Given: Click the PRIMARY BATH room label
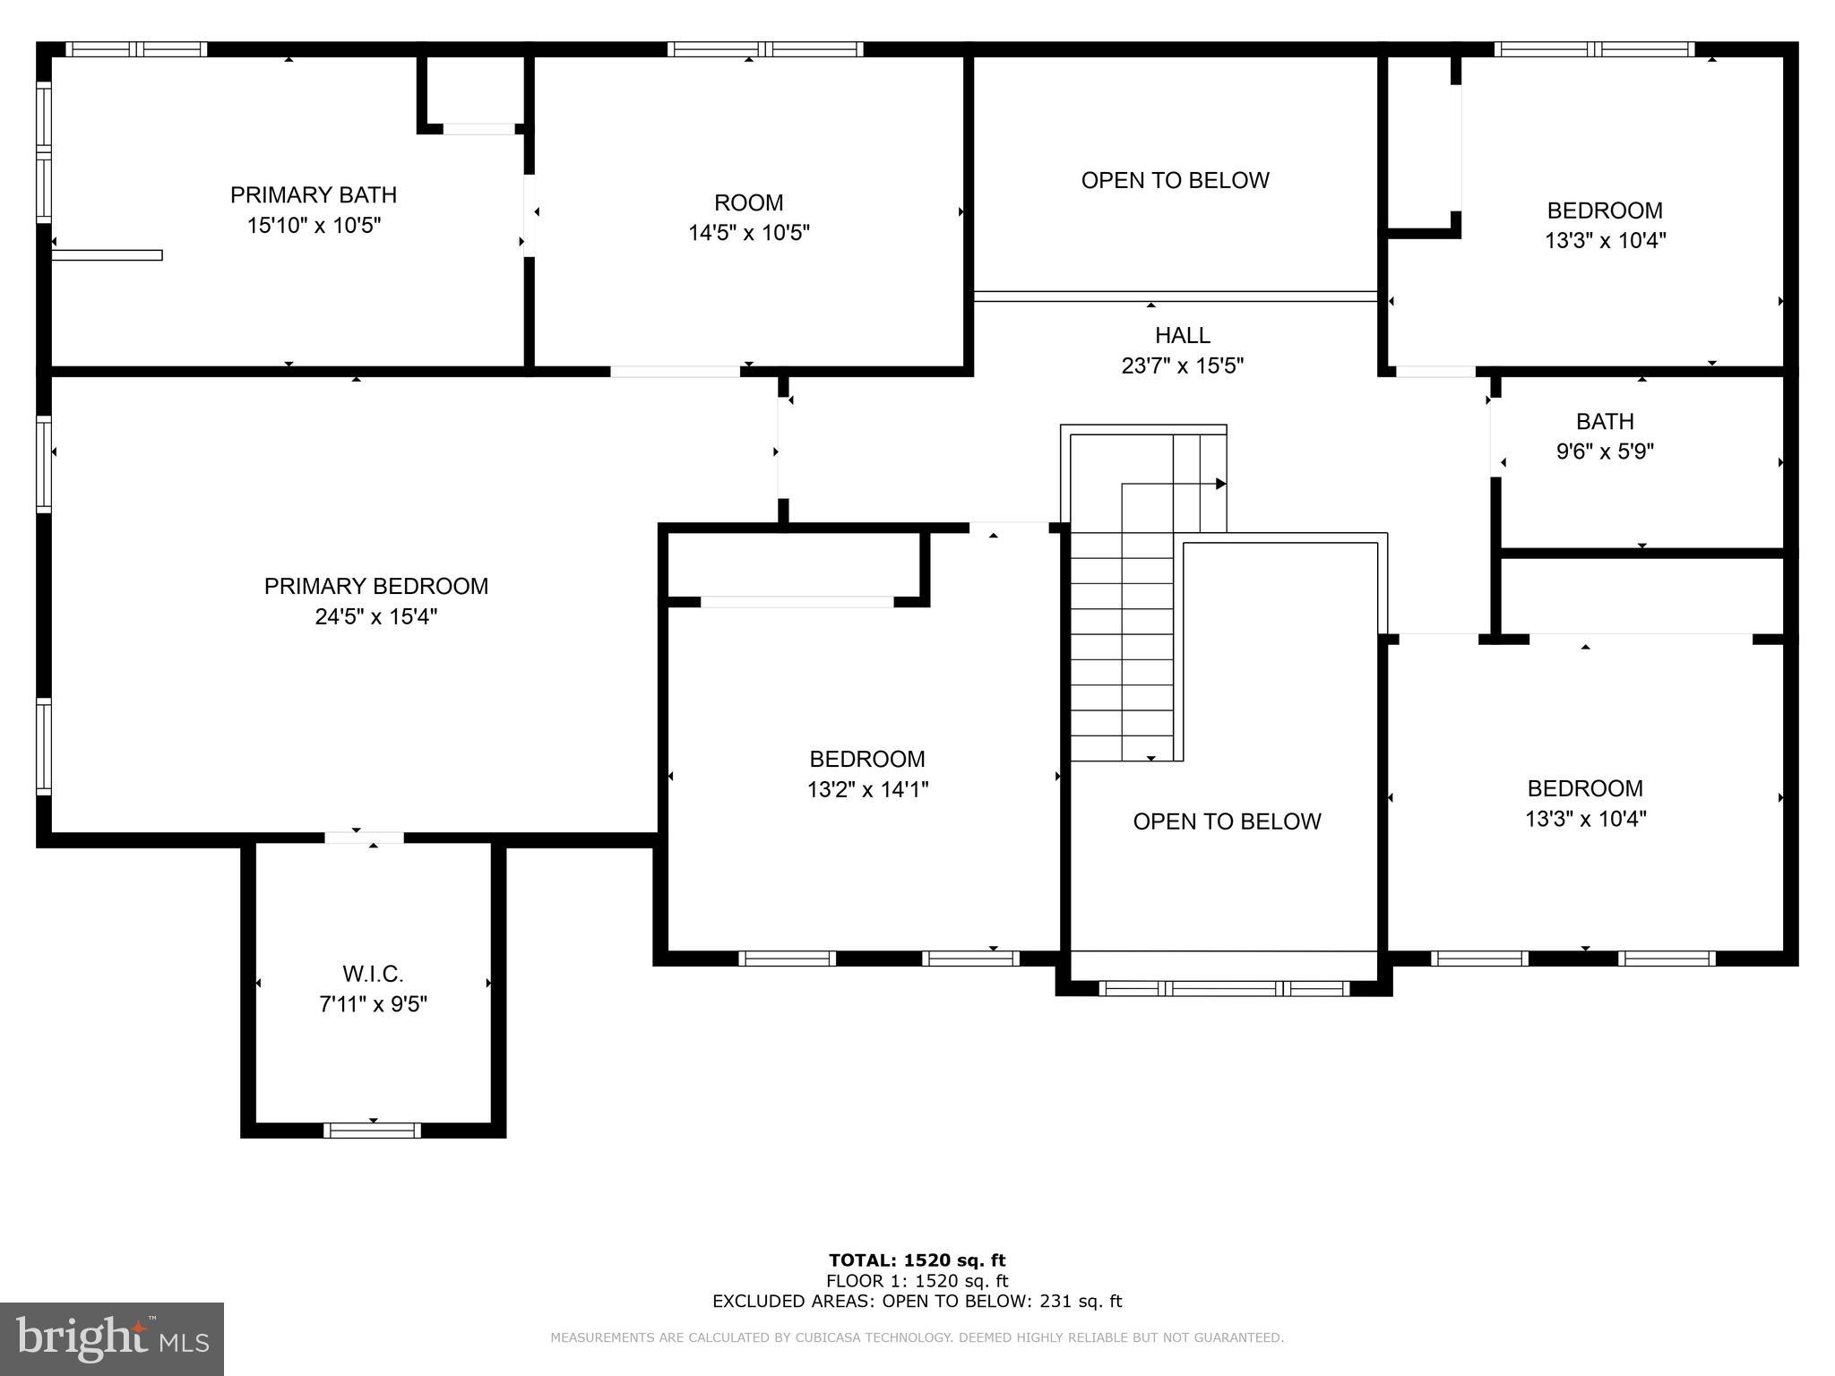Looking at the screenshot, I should (314, 195).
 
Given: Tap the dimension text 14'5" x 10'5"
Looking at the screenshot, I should (748, 233).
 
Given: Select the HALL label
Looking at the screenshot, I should (1182, 336).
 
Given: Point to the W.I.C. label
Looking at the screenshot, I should (373, 974).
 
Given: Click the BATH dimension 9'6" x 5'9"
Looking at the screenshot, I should (1605, 451).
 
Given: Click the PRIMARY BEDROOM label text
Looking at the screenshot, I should (376, 587).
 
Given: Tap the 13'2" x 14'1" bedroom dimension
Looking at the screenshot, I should (867, 790).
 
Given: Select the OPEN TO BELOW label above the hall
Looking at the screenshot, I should (1175, 181).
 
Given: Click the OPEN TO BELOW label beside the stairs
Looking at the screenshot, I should (1227, 821).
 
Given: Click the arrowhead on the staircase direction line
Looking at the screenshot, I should (1220, 484).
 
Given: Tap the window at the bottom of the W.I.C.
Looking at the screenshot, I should (372, 1131).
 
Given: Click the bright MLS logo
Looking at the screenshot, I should (112, 1338).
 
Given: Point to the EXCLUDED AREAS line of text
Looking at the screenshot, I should (917, 1302).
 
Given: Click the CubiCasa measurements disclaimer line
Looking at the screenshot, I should (917, 1338).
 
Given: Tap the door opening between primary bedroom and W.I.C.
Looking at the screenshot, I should (364, 838).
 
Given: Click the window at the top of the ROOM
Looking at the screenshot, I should (765, 50).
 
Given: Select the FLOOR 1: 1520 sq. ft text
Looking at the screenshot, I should (917, 1281).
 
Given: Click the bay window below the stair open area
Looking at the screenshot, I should (1223, 989).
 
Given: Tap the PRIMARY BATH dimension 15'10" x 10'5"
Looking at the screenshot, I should (314, 226).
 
